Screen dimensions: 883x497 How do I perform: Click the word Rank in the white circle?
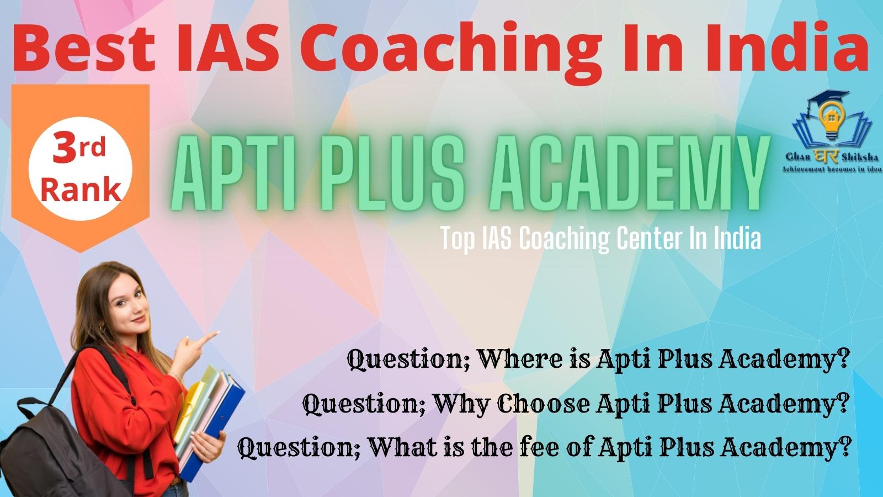click(81, 190)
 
